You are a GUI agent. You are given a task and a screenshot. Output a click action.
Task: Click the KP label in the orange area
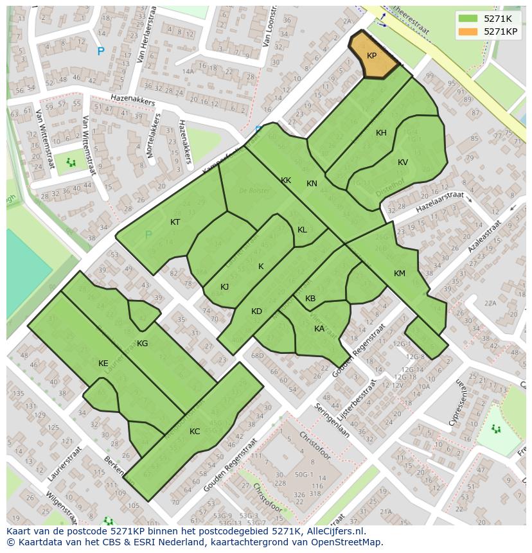point(371,56)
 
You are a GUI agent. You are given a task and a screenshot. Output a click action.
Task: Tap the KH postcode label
point(381,133)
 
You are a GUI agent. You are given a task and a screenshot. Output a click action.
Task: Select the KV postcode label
point(403,162)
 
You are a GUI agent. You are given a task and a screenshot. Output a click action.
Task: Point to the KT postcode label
point(175,222)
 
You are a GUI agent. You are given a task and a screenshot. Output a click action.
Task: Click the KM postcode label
point(400,274)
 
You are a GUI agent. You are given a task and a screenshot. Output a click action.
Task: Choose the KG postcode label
point(143,344)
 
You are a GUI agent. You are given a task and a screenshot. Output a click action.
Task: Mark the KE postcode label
point(103,364)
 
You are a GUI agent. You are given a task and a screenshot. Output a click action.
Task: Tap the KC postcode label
point(195,432)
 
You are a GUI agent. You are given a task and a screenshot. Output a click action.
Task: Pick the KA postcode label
point(319,329)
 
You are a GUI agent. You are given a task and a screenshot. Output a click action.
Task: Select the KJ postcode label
point(225,287)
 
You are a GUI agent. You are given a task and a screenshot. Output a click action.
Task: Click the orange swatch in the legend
point(468,31)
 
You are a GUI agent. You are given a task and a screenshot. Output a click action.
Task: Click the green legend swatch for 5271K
point(468,19)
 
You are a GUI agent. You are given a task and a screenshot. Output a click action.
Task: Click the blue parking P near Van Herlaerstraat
point(100,51)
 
